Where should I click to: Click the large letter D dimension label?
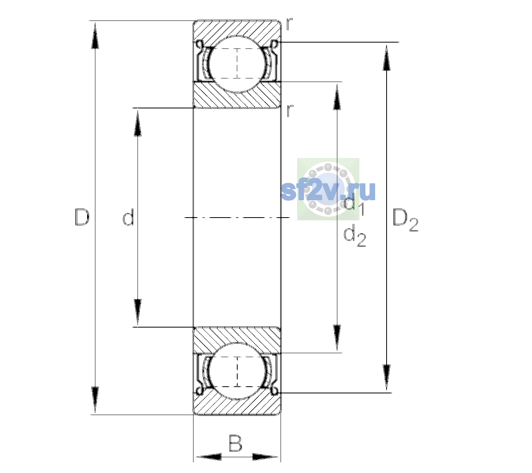click(82, 217)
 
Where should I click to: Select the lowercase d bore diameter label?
click(128, 217)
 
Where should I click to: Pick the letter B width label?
click(235, 443)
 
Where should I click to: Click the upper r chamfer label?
click(289, 24)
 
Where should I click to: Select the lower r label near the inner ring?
click(290, 111)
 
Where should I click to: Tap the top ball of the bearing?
click(237, 64)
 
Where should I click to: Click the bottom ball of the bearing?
click(237, 371)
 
